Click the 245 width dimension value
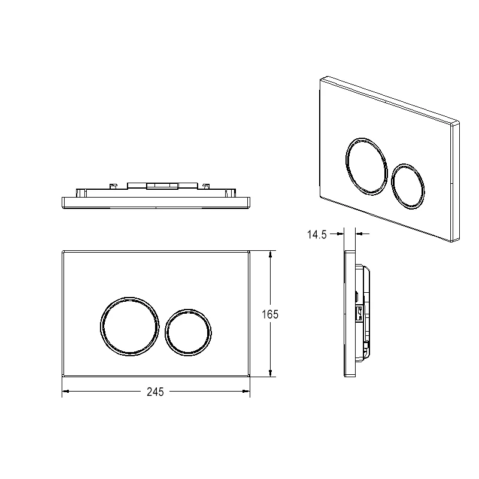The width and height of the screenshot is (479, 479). click(x=155, y=392)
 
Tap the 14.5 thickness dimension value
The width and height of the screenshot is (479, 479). click(x=317, y=235)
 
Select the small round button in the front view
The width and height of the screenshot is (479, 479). click(x=187, y=331)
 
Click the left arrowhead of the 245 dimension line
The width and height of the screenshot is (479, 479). click(x=66, y=392)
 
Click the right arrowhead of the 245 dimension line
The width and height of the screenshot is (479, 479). click(x=246, y=392)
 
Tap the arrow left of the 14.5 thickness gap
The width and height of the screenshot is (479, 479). click(x=341, y=234)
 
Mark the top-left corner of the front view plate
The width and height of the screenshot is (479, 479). click(x=63, y=251)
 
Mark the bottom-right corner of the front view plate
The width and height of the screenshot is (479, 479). click(x=249, y=377)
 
